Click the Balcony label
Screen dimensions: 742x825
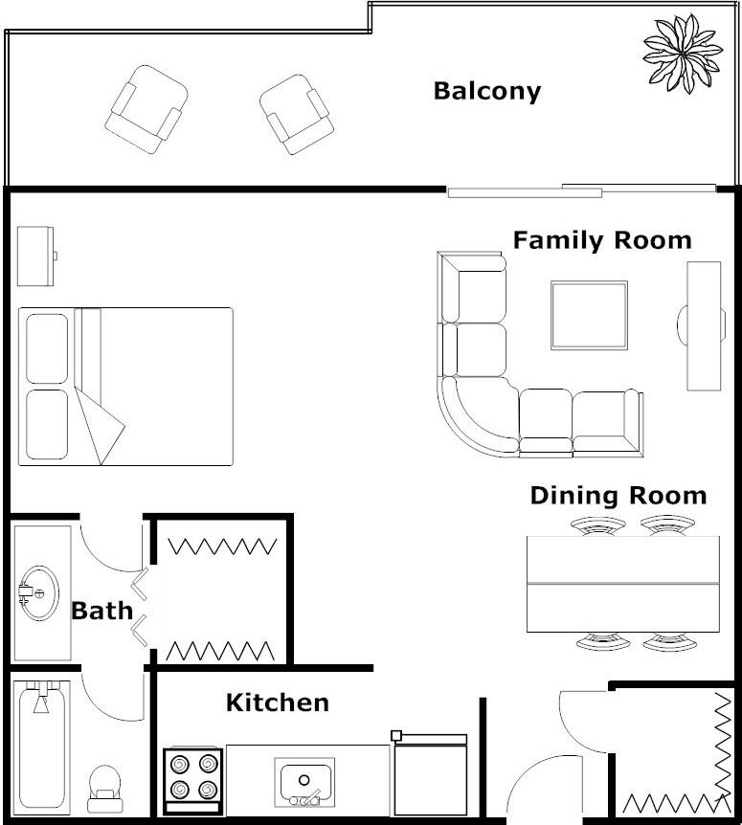[x=487, y=92]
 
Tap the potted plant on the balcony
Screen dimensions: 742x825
[x=683, y=54]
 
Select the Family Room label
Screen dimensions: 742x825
[x=602, y=240]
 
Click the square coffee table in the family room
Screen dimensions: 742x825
[x=590, y=316]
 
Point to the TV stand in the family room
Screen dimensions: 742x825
[x=703, y=326]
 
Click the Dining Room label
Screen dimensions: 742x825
[x=618, y=496]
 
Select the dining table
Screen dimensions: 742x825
[x=623, y=584]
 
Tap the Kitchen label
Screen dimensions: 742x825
[x=278, y=702]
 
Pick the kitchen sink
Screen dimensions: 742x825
[x=304, y=782]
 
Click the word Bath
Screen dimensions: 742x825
[x=102, y=611]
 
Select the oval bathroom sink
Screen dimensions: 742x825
[x=39, y=593]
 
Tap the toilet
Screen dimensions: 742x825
[x=105, y=789]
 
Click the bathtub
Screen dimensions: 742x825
[x=41, y=747]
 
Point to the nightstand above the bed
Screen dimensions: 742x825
[x=35, y=256]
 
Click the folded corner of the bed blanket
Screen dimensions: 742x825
[x=99, y=425]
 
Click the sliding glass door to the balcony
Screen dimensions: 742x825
[x=581, y=190]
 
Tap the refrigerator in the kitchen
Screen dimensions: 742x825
[x=430, y=773]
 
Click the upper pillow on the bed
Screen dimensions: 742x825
[x=47, y=348]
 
